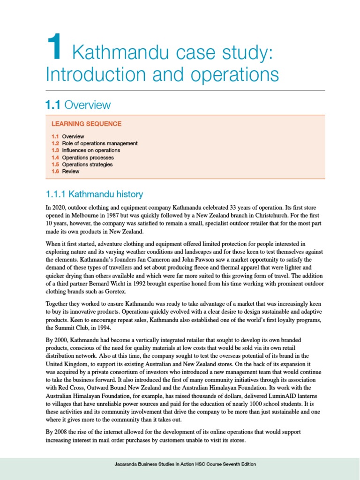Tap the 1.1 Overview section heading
pyautogui.click(x=78, y=105)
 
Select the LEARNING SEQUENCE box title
pyautogui.click(x=87, y=124)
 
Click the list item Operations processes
pyautogui.click(x=88, y=158)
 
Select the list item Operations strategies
pyautogui.click(x=87, y=165)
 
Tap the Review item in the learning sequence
pyautogui.click(x=71, y=172)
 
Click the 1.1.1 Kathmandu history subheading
pyautogui.click(x=94, y=194)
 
